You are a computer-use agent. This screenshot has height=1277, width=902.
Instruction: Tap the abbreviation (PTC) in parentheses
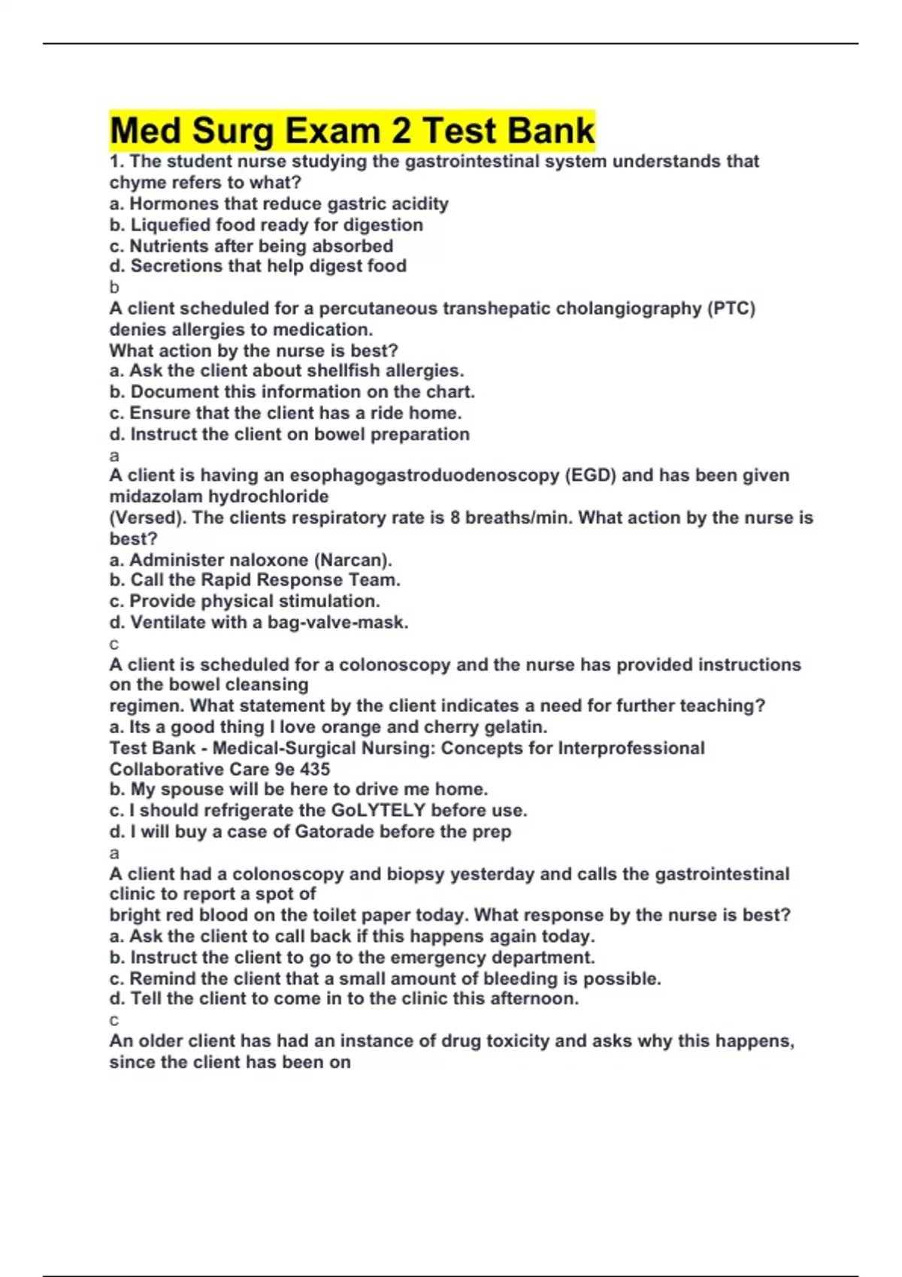point(731,309)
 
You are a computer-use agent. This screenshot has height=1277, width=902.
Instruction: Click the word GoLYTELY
point(379,811)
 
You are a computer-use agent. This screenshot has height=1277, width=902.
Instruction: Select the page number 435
point(314,769)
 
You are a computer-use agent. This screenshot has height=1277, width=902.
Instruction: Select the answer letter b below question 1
point(114,288)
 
